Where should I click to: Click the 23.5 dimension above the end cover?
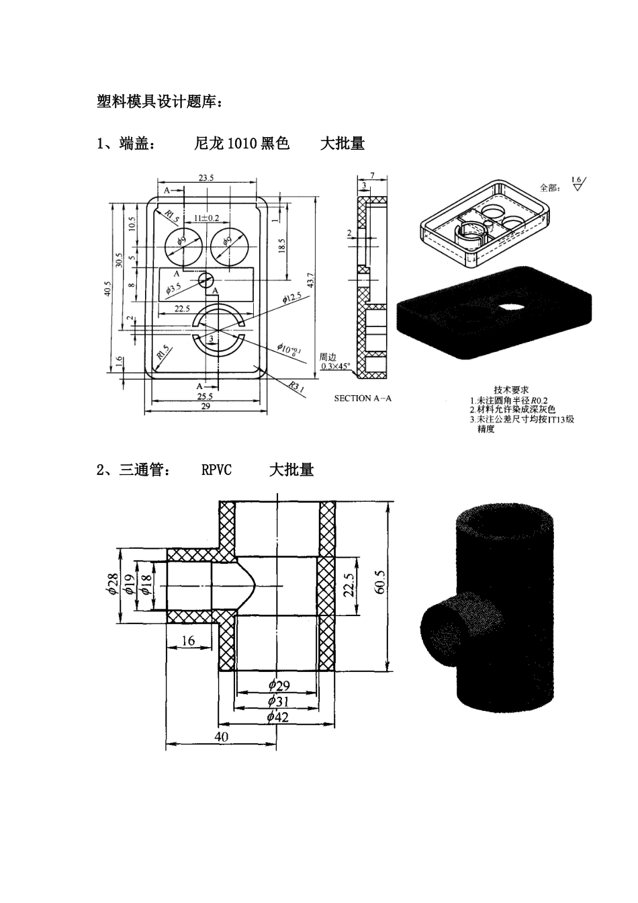(x=206, y=178)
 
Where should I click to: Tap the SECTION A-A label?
(x=363, y=398)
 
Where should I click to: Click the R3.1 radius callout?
(x=295, y=387)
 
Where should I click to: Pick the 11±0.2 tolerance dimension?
(x=206, y=217)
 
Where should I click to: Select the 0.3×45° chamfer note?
(x=335, y=367)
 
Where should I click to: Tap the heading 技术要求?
(x=512, y=390)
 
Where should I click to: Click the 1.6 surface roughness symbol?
(x=576, y=183)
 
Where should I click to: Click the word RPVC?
(x=216, y=470)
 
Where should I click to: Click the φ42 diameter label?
(x=277, y=717)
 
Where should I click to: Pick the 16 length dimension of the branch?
(x=188, y=640)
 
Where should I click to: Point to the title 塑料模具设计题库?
(x=158, y=101)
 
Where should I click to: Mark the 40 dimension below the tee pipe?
(x=221, y=736)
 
